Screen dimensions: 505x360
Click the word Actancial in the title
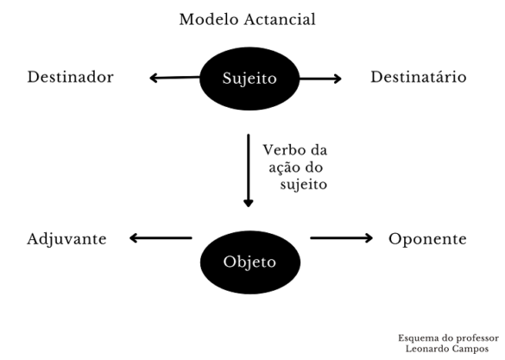point(280,19)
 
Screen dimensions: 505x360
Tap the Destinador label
point(71,77)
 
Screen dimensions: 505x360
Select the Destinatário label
point(419,77)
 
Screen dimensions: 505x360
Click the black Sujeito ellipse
point(249,79)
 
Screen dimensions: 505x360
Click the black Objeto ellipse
point(250,262)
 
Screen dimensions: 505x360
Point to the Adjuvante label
point(66,240)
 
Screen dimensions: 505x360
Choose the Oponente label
point(427,239)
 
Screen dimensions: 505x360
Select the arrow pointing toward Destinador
point(174,78)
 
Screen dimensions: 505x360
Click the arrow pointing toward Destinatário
point(320,79)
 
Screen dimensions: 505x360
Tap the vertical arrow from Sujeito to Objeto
point(249,171)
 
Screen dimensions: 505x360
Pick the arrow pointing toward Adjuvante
point(161,238)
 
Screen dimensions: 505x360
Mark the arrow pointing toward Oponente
point(341,238)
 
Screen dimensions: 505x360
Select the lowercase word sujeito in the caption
point(304,185)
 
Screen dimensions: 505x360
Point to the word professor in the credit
point(478,338)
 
